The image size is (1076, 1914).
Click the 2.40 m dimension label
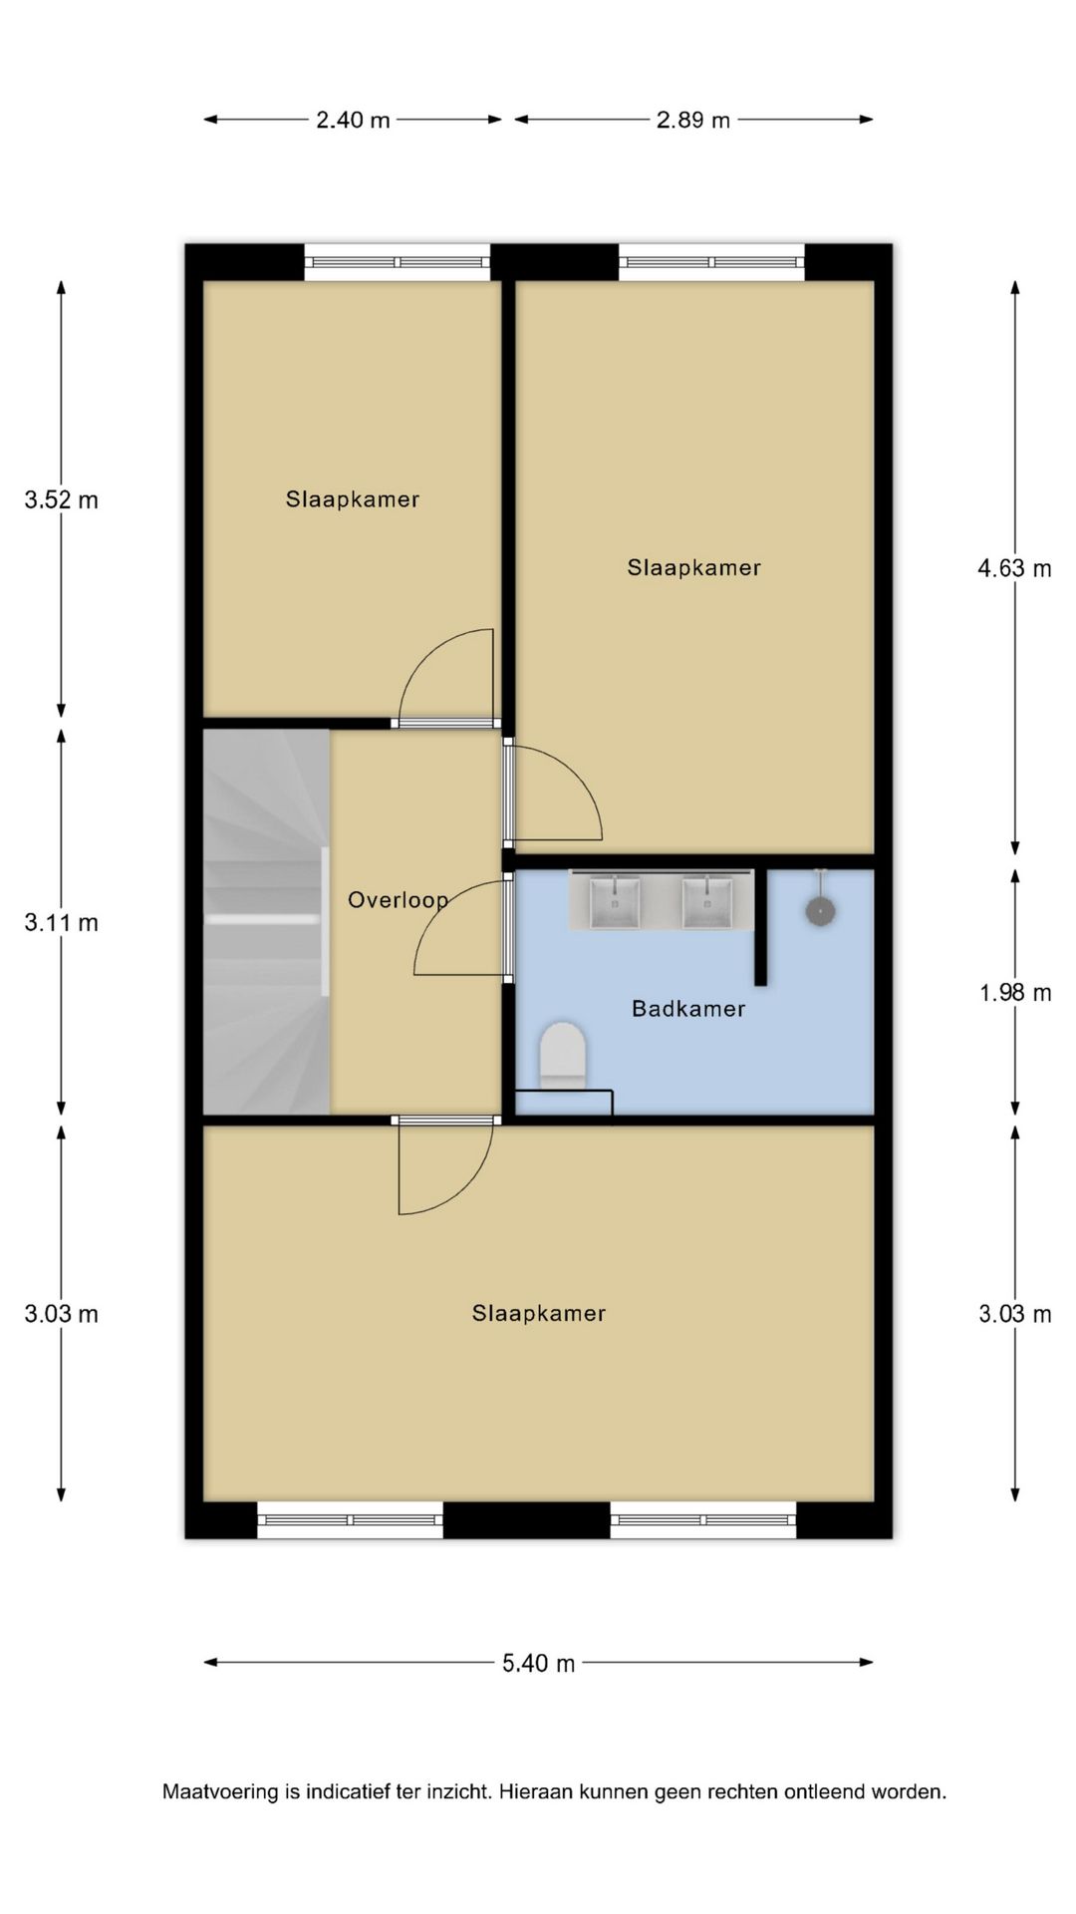point(353,120)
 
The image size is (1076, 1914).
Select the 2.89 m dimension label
point(692,120)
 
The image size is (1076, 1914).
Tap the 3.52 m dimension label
point(62,499)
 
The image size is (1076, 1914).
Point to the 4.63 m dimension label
point(1014,568)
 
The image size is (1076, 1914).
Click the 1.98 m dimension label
point(1015,992)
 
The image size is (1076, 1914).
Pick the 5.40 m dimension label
point(538,1663)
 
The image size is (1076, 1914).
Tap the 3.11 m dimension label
point(62,922)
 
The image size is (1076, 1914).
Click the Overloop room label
point(398,900)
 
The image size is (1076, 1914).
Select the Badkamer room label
point(688,1008)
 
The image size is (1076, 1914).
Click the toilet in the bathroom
point(562,1054)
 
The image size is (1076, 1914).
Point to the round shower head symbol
point(820,910)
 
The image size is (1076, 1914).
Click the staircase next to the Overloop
point(266,921)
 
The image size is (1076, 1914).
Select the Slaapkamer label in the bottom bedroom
point(539,1313)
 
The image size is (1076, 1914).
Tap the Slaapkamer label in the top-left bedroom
point(353,498)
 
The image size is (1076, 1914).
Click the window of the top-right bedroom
point(711,262)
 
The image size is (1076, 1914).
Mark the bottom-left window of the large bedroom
point(351,1520)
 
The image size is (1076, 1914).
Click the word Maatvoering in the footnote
point(220,1791)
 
